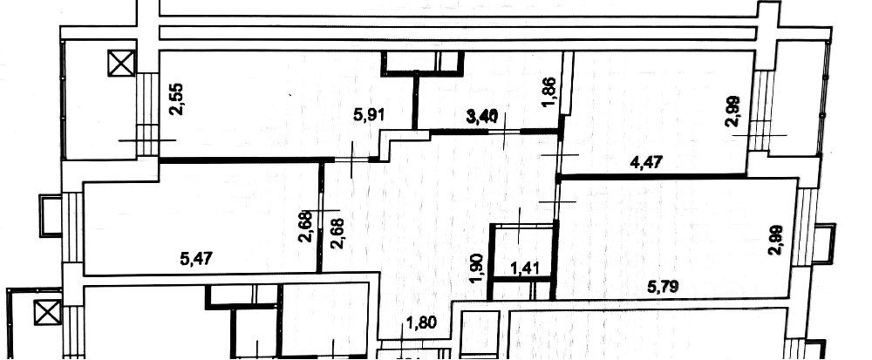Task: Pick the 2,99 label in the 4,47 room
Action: point(732,112)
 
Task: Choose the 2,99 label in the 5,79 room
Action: point(773,238)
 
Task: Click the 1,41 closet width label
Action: point(523,267)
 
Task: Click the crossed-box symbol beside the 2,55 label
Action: point(117,64)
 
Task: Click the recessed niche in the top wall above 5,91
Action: point(424,62)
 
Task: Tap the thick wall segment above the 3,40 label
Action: point(493,132)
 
